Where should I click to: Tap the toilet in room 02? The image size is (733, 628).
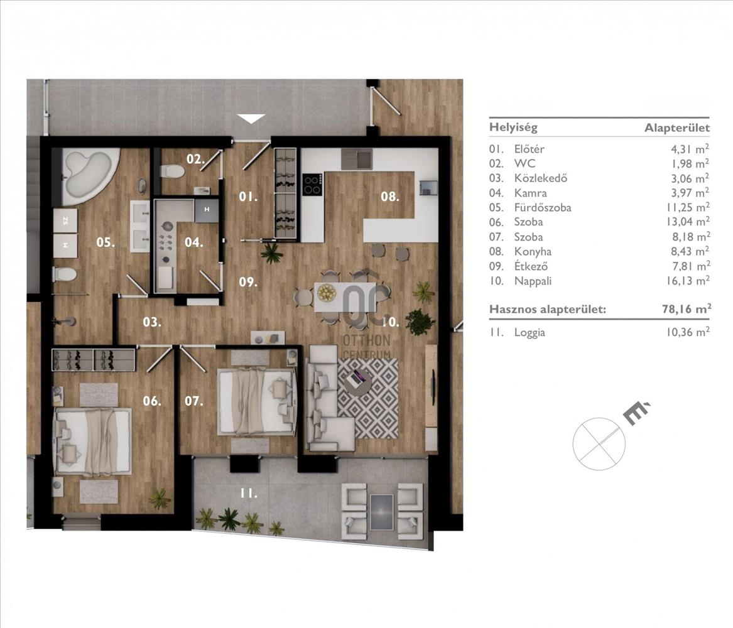[171, 171]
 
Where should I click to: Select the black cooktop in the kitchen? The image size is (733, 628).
[312, 184]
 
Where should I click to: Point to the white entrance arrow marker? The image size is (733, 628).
[251, 119]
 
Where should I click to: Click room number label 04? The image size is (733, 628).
[193, 242]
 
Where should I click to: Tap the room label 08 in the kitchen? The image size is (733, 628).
[390, 197]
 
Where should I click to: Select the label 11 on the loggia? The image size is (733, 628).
[249, 493]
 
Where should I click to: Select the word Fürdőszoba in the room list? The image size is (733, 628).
[542, 207]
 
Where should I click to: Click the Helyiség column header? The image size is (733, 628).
[513, 127]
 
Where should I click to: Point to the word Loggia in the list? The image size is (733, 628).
[529, 333]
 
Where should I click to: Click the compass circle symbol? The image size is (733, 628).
[599, 443]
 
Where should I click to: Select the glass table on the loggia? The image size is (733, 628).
[381, 512]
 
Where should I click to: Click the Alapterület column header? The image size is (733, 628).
[677, 127]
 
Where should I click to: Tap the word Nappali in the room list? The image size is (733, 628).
[533, 281]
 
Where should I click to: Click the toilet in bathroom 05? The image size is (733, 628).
[65, 274]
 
